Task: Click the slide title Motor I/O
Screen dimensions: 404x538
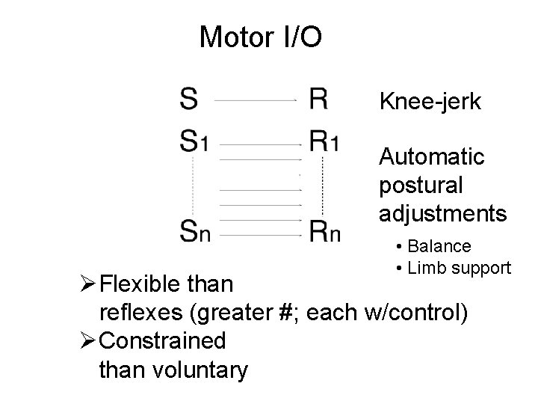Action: point(260,36)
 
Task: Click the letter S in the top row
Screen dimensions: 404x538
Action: point(189,98)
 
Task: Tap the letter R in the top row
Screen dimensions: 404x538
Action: point(318,98)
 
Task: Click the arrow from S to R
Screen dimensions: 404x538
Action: point(256,99)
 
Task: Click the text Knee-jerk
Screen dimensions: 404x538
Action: point(430,100)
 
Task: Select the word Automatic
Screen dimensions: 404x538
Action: point(432,157)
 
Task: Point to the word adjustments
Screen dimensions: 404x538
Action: point(442,214)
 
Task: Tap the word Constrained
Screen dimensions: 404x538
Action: point(161,341)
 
